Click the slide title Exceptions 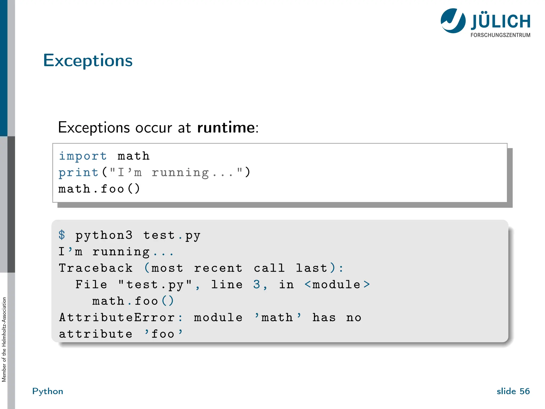(x=88, y=60)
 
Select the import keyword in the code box (x=82, y=156)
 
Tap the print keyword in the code (x=79, y=173)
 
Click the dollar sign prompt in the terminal (x=62, y=235)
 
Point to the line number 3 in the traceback (x=257, y=285)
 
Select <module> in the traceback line (x=337, y=285)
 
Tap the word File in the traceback (x=91, y=285)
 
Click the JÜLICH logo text (x=501, y=22)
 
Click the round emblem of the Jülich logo (x=453, y=21)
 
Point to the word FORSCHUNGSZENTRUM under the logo (x=500, y=35)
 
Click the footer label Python (x=48, y=391)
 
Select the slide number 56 (x=525, y=391)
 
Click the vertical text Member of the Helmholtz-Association (x=4, y=340)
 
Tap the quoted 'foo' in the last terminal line (x=163, y=334)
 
